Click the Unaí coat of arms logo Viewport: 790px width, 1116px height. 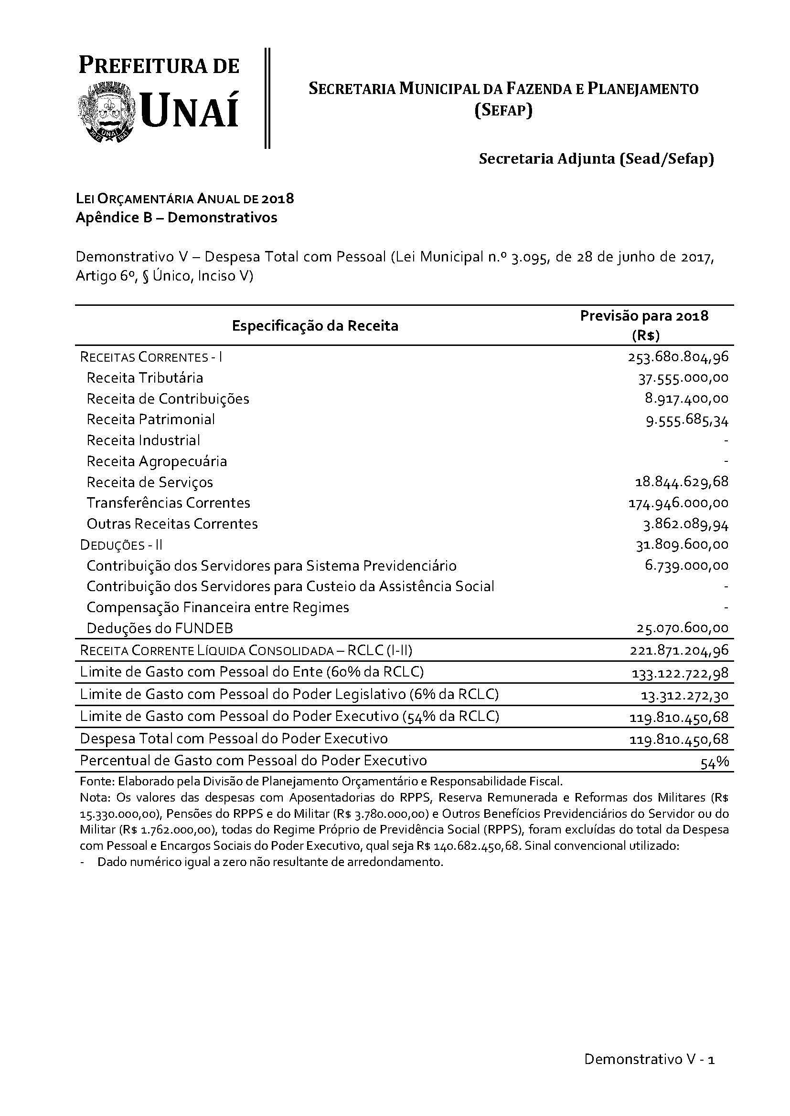[106, 112]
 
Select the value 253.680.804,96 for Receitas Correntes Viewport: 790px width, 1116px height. [678, 357]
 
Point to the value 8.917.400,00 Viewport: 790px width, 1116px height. [686, 398]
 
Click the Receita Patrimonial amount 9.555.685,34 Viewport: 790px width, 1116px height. [687, 420]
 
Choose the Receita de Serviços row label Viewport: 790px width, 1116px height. [150, 482]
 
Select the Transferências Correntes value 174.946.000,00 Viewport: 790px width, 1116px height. [679, 503]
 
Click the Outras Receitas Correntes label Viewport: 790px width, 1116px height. [172, 524]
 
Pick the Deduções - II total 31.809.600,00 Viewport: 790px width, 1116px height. [682, 545]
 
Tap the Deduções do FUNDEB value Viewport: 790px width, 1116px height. [682, 628]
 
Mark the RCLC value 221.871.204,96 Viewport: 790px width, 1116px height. [679, 651]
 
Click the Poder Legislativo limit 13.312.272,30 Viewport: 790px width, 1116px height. [684, 696]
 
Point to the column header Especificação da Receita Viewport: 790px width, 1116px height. [315, 326]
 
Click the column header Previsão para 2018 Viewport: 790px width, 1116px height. [644, 316]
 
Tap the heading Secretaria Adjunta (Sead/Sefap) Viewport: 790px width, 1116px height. [597, 159]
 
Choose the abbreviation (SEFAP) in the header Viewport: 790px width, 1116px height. [503, 111]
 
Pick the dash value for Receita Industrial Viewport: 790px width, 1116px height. [726, 440]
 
